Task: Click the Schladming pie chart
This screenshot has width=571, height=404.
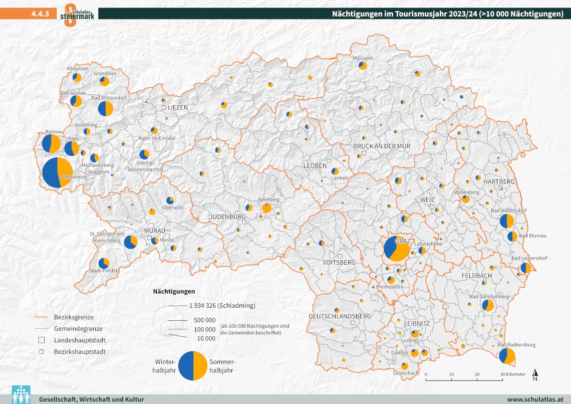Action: click(x=58, y=173)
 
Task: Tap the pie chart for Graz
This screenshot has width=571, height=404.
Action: click(x=397, y=248)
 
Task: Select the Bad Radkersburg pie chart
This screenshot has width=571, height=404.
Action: click(x=507, y=356)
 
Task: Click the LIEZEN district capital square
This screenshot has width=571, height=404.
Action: click(x=163, y=107)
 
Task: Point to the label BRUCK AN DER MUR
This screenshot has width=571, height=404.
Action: click(x=381, y=146)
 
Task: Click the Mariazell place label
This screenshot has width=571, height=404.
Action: click(x=363, y=58)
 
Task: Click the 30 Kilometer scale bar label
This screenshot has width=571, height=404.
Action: click(x=513, y=374)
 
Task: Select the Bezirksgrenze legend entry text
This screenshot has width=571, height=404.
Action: click(x=74, y=317)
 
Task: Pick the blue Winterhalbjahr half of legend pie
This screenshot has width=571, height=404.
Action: click(x=186, y=365)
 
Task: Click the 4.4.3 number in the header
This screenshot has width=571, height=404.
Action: click(x=40, y=14)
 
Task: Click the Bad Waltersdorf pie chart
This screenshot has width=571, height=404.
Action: click(x=507, y=221)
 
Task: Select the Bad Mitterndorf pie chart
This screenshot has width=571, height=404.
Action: click(x=106, y=108)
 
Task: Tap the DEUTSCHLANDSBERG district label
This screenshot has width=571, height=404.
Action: click(x=340, y=316)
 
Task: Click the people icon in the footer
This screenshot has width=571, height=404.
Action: click(x=21, y=394)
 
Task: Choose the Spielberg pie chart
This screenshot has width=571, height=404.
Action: click(x=266, y=208)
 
